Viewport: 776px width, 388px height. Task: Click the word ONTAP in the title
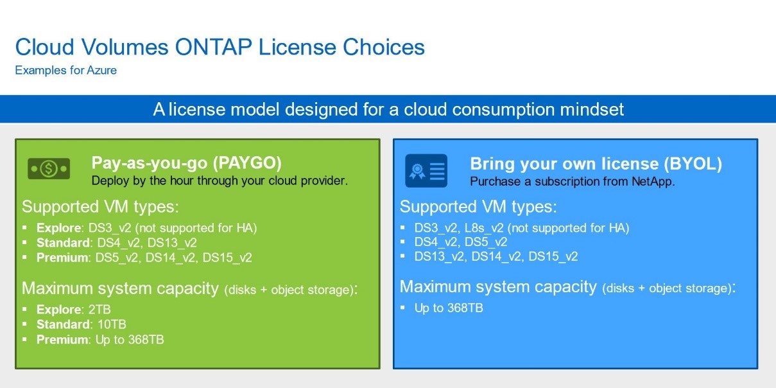(213, 47)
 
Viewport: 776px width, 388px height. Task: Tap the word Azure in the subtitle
(101, 70)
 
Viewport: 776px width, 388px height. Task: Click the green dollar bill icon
(49, 168)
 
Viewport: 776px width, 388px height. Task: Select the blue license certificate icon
(426, 171)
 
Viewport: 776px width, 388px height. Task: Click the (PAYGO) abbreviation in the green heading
(247, 163)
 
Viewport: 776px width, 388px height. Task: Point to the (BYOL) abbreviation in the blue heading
(693, 164)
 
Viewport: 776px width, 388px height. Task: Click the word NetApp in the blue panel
(653, 181)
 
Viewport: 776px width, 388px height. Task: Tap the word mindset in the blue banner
(592, 109)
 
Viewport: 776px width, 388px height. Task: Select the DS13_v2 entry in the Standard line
(172, 243)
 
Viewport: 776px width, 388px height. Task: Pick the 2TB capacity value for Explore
(99, 309)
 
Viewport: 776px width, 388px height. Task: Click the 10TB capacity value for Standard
(112, 324)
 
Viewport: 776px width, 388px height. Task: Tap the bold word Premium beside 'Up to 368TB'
(62, 339)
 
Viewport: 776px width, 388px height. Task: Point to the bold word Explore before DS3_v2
(59, 228)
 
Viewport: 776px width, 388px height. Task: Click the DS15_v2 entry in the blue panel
(553, 256)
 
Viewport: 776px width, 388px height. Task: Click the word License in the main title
(297, 47)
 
